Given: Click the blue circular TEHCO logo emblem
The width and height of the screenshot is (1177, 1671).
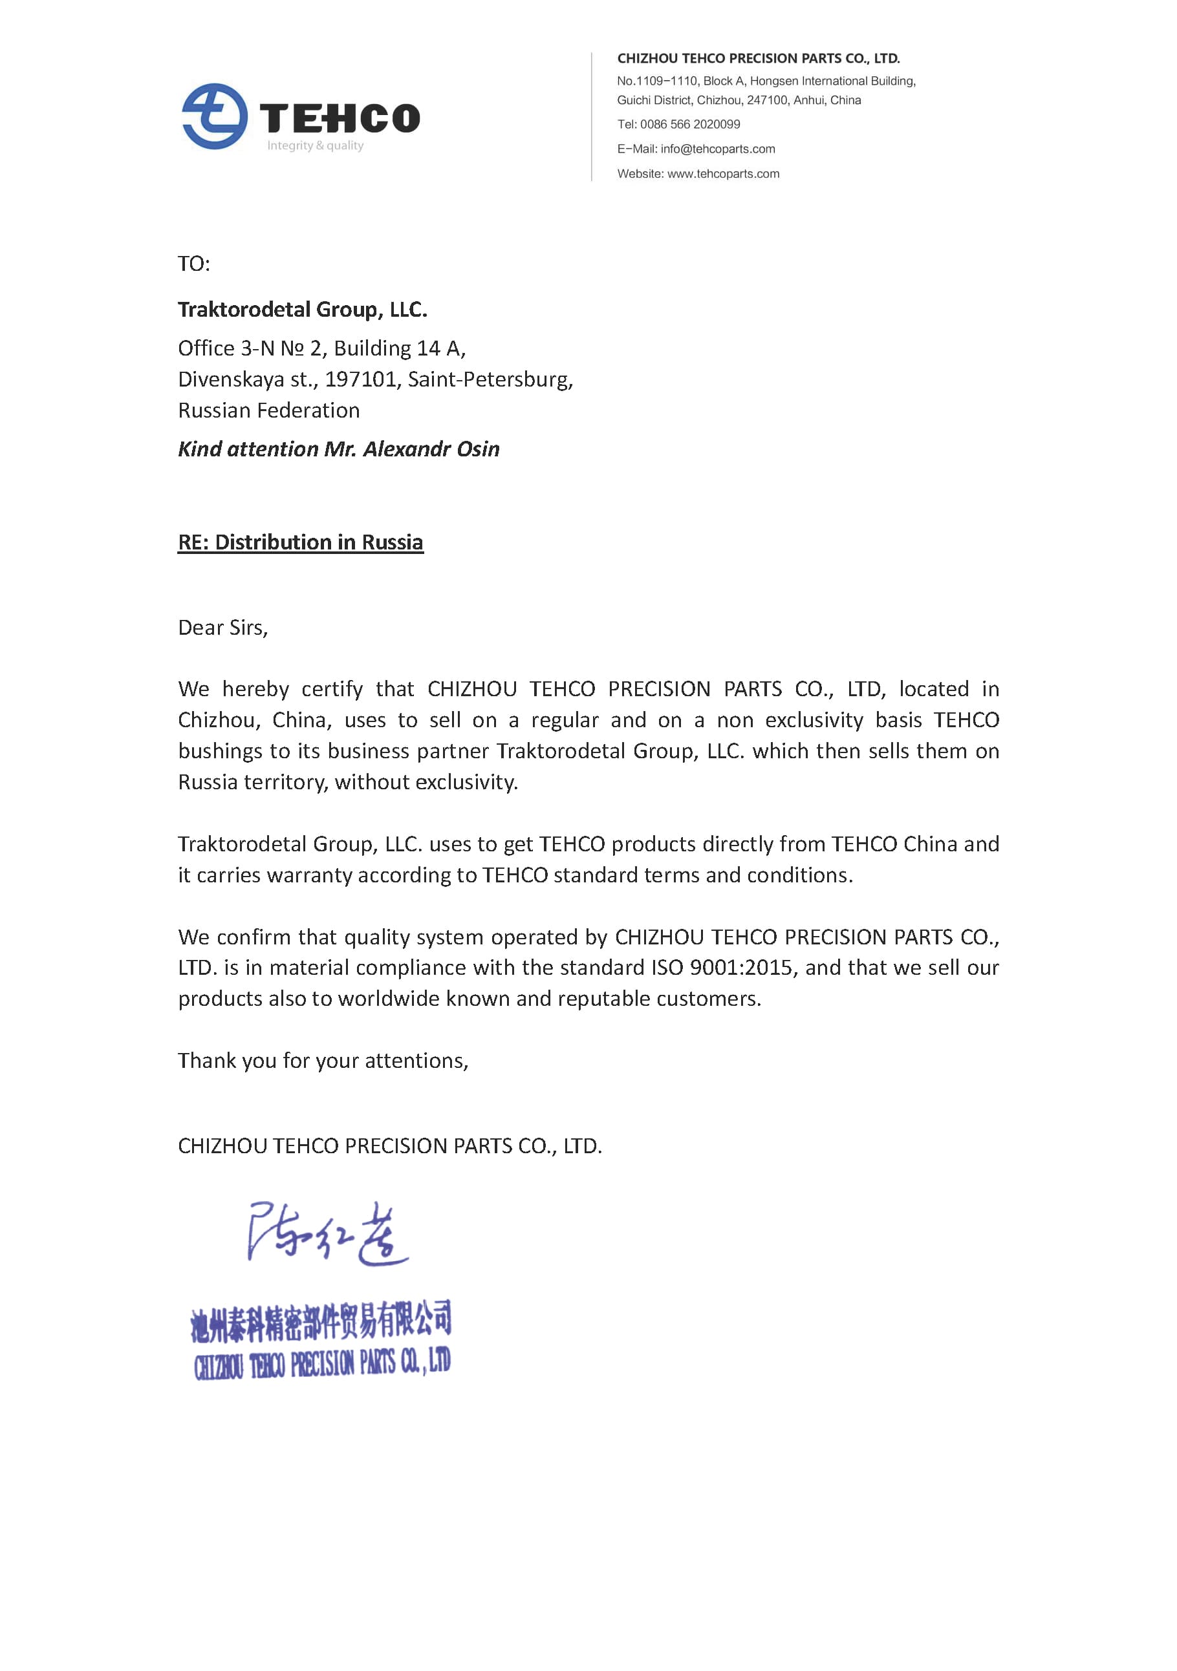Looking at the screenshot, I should pyautogui.click(x=214, y=116).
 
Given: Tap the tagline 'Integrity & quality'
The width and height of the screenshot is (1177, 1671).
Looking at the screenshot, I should pyautogui.click(x=315, y=145).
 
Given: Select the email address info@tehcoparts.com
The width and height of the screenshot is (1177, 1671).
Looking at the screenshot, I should pyautogui.click(x=718, y=149).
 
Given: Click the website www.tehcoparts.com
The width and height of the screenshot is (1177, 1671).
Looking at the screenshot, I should pyautogui.click(x=723, y=174).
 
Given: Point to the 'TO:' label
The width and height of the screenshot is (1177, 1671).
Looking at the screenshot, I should pyautogui.click(x=193, y=264).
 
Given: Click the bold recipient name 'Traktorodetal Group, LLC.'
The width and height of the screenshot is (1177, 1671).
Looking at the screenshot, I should pyautogui.click(x=302, y=310).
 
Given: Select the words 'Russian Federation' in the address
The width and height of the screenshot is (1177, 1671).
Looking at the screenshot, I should pyautogui.click(x=268, y=410).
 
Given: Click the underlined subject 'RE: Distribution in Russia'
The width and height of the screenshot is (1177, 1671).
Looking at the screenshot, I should pyautogui.click(x=301, y=542).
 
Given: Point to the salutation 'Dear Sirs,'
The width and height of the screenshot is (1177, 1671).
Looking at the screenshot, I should pyautogui.click(x=222, y=628).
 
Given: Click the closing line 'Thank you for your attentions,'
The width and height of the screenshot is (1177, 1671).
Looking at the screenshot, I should pyautogui.click(x=323, y=1060).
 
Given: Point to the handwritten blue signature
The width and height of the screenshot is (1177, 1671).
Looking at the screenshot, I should pyautogui.click(x=327, y=1233).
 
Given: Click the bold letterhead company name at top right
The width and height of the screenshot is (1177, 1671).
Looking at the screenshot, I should pyautogui.click(x=758, y=58).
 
